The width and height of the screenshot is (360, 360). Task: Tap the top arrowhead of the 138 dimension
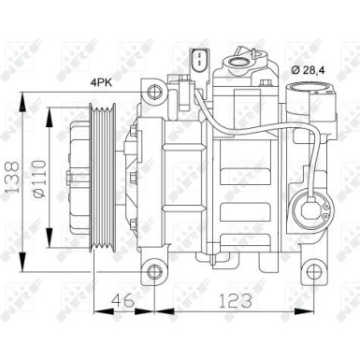click(x=23, y=93)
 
